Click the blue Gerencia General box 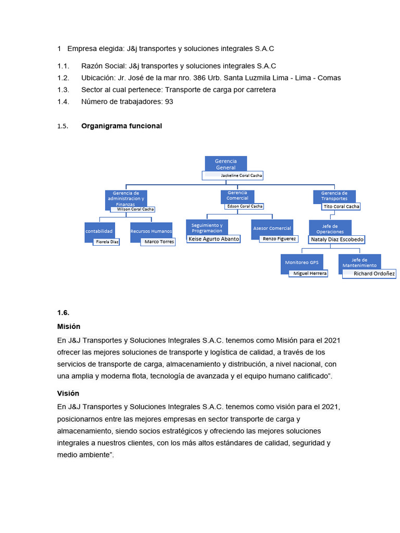(x=226, y=163)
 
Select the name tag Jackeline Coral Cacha (x=233, y=176)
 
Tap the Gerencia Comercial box (x=238, y=196)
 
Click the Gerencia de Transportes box (x=334, y=196)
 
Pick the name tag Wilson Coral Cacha (x=133, y=209)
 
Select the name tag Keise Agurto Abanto (x=214, y=239)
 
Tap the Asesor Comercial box (x=272, y=228)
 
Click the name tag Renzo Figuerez (x=279, y=239)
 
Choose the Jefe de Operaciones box (x=330, y=227)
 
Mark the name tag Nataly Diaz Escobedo (x=337, y=239)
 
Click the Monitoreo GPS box (x=302, y=262)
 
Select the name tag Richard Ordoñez (x=369, y=273)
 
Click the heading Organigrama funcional (x=121, y=126)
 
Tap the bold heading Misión (x=69, y=326)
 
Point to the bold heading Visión (x=68, y=394)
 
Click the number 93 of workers (x=169, y=102)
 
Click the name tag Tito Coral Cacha (x=341, y=207)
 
